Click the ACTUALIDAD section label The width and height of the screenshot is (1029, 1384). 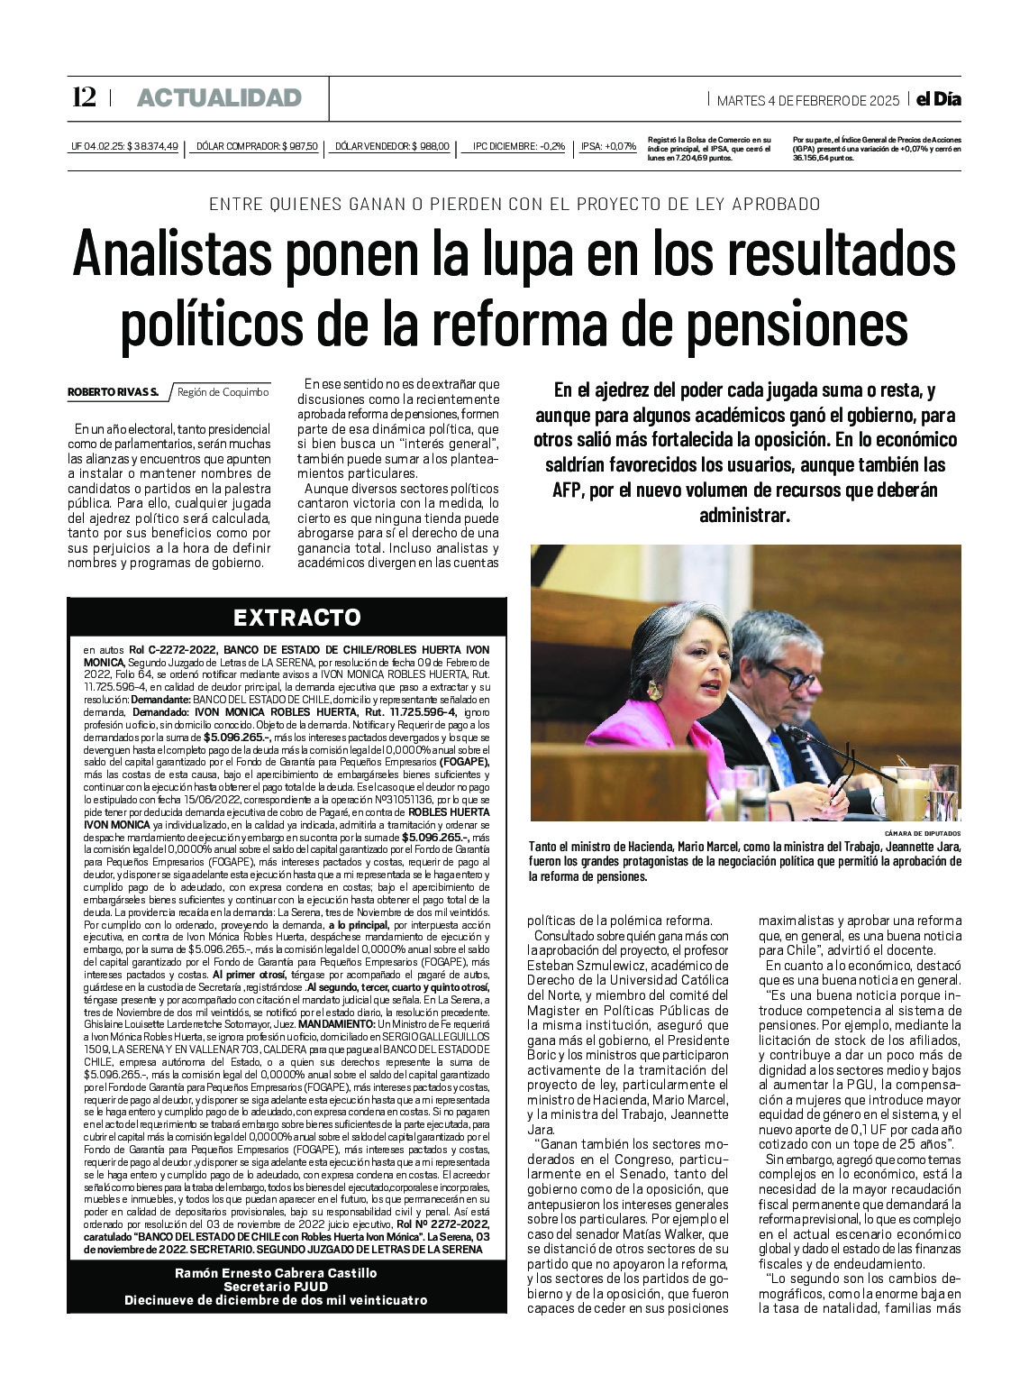pyautogui.click(x=219, y=98)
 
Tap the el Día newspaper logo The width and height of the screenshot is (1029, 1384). pyautogui.click(x=938, y=99)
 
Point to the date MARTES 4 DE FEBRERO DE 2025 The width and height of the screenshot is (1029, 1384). pyautogui.click(x=807, y=100)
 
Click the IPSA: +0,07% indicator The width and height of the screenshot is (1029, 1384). pyautogui.click(x=608, y=146)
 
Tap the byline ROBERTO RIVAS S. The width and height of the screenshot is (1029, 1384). pyautogui.click(x=113, y=392)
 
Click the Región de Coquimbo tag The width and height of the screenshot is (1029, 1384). pyautogui.click(x=223, y=392)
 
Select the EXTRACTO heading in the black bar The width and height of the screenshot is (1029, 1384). pyautogui.click(x=296, y=618)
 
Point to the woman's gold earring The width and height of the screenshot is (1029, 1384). pyautogui.click(x=652, y=691)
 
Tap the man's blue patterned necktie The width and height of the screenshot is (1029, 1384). pyautogui.click(x=781, y=757)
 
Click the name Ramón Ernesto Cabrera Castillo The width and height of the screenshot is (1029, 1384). pyautogui.click(x=276, y=1273)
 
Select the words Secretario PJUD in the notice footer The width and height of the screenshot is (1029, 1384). pyautogui.click(x=276, y=1287)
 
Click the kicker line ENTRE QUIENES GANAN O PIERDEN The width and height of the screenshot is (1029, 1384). pyautogui.click(x=514, y=204)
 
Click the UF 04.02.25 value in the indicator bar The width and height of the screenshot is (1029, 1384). pyautogui.click(x=124, y=146)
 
